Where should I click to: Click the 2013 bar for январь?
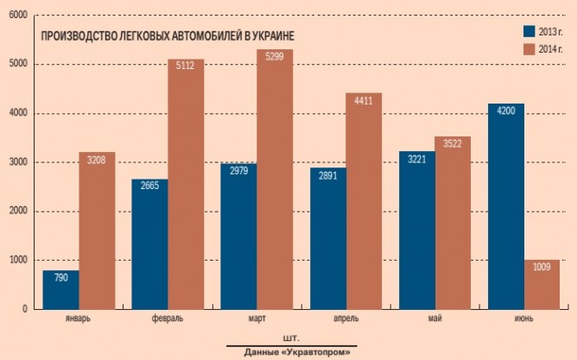(60, 290)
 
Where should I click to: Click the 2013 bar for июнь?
(505, 206)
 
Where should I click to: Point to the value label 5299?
(275, 57)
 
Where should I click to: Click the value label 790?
(60, 278)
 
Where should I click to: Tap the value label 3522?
(453, 144)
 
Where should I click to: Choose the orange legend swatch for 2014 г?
(529, 47)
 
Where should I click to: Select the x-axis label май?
(435, 319)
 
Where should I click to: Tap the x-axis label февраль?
(168, 319)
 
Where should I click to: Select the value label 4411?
(364, 100)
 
